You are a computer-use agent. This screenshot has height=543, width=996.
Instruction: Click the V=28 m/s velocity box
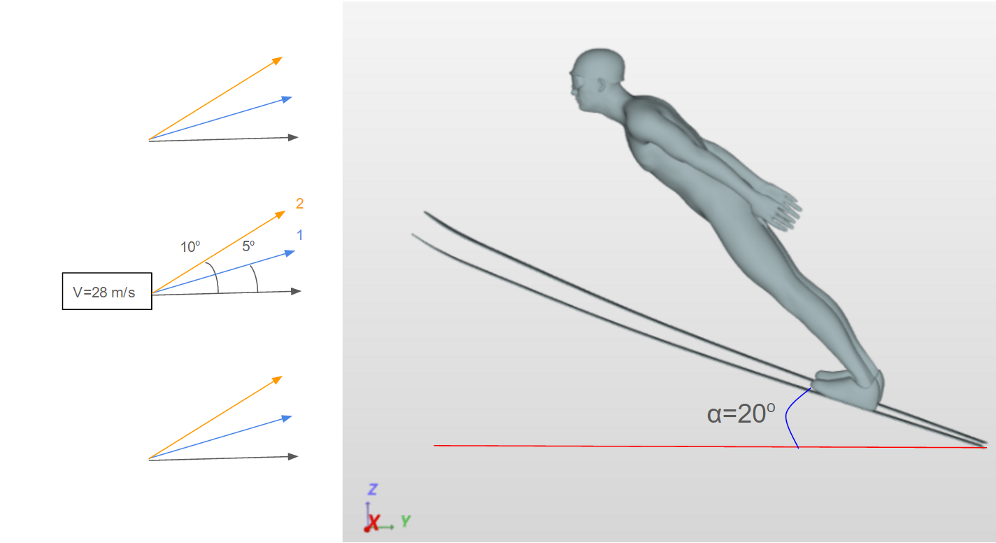[x=107, y=291]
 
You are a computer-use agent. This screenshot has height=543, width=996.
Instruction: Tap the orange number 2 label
[x=299, y=204]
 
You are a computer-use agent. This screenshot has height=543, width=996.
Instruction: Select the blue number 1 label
[x=300, y=235]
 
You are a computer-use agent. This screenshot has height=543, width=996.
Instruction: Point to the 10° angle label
[x=190, y=247]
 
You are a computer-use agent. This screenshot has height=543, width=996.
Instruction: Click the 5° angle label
[x=248, y=246]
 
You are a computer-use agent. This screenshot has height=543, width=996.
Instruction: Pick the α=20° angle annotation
[x=741, y=414]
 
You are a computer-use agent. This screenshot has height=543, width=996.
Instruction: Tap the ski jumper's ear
[x=601, y=85]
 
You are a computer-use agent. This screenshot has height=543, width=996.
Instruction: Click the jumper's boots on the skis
[x=847, y=389]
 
